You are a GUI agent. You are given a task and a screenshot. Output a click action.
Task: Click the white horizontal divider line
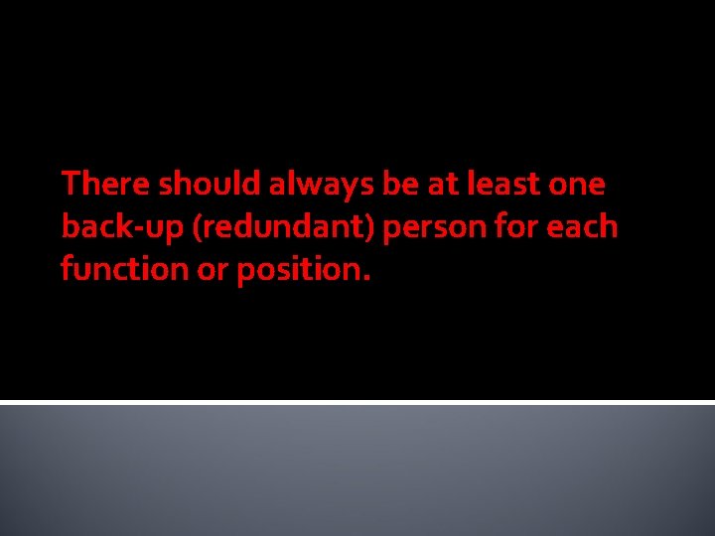point(357,402)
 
